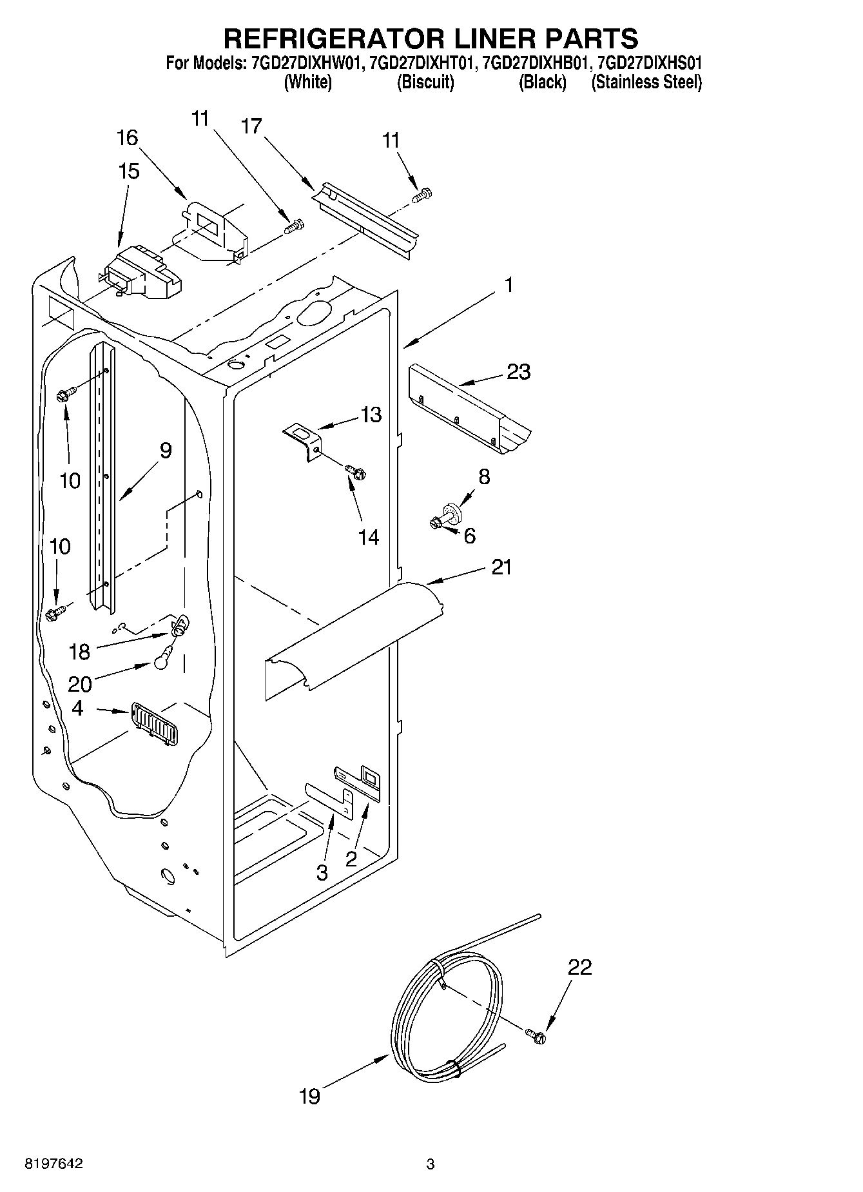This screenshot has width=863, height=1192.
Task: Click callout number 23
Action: (x=518, y=372)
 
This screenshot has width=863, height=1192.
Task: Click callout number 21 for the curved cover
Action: (x=501, y=567)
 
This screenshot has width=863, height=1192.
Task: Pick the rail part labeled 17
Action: (x=364, y=217)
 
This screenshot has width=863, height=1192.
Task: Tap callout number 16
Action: (x=128, y=138)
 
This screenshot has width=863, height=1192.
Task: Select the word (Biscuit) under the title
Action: (x=425, y=83)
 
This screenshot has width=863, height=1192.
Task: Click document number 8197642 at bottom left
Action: (x=53, y=1164)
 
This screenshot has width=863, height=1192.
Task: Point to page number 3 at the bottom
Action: (x=431, y=1164)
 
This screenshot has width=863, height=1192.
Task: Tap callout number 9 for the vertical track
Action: (x=165, y=451)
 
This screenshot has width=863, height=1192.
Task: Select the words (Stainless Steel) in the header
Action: (x=646, y=83)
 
